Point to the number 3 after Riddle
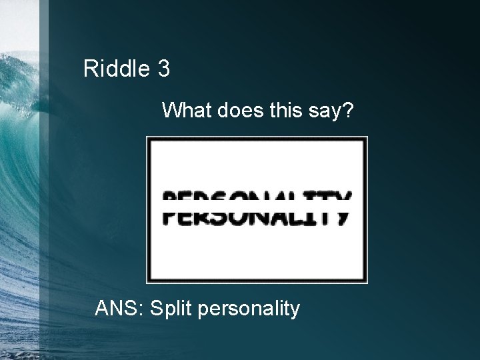coord(164,69)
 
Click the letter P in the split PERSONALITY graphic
coord(172,207)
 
